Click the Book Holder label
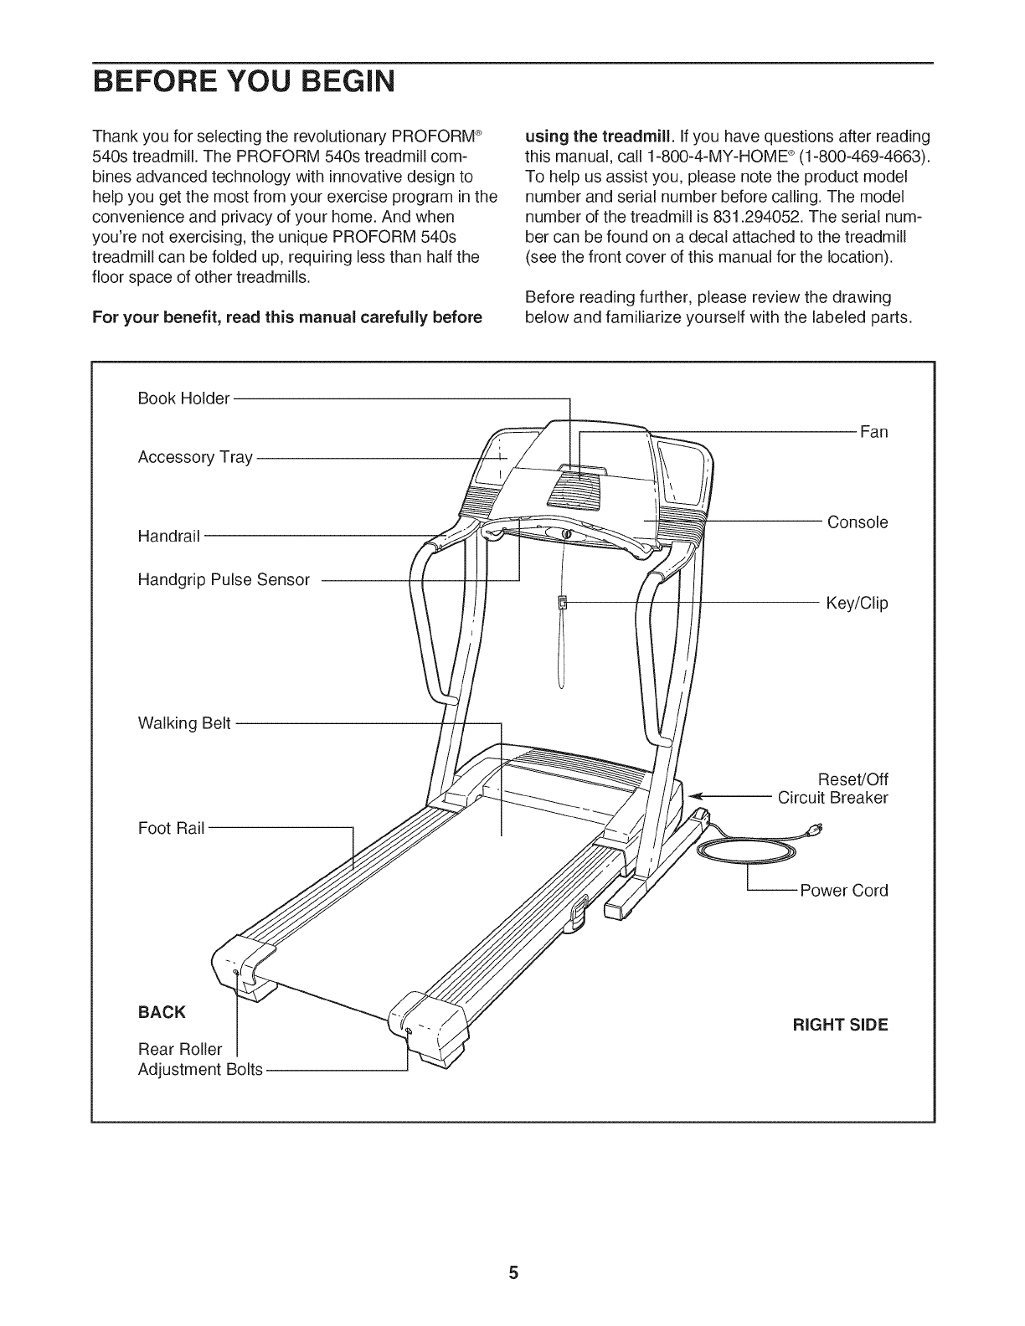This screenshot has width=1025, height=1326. pos(183,398)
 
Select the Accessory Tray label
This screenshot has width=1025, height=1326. pos(194,457)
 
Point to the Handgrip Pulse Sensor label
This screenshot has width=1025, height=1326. pos(223,579)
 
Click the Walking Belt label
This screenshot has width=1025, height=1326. pos(183,723)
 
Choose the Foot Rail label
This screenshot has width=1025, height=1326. pos(171,829)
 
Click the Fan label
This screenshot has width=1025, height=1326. pos(873,432)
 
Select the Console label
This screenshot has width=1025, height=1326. pos(857,522)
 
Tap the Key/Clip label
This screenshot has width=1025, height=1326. pos(856,603)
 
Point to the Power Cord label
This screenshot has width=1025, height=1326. pos(843,890)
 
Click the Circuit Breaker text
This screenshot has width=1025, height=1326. pos(832,797)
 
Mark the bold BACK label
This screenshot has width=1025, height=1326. pos(162,1012)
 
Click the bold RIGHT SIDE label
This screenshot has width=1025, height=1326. pos(840,1025)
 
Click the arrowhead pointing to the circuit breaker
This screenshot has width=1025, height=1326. pos(693,797)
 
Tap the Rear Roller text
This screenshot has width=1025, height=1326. pos(180,1049)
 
